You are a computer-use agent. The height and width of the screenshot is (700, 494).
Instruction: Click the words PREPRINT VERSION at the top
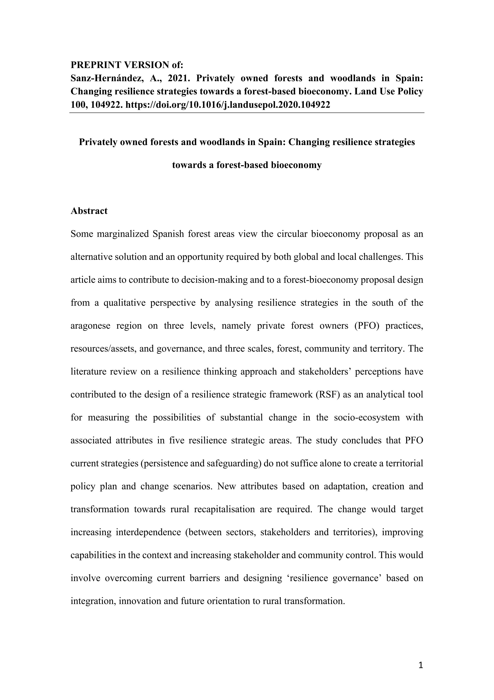(119, 65)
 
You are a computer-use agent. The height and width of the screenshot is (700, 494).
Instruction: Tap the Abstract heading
(89, 211)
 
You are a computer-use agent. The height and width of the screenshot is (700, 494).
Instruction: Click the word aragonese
(91, 326)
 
